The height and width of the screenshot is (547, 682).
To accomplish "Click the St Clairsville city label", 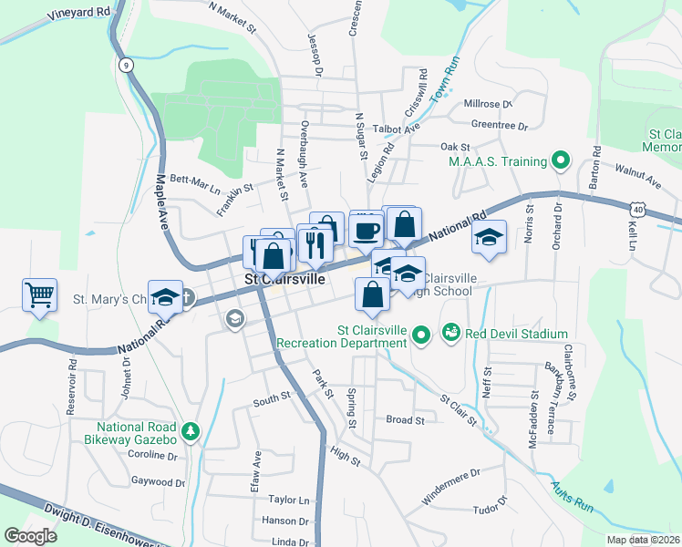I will point(284,280).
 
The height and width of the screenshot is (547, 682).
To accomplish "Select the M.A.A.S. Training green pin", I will point(561,162).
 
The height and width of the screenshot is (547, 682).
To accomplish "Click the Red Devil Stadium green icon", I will point(450,335).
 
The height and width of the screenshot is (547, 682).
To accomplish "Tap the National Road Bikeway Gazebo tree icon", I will point(191,430).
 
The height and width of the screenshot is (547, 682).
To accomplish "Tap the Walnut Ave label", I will point(636,171).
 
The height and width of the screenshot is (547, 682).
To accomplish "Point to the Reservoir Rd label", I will point(71,376).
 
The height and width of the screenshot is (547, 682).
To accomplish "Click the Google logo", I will point(30,535).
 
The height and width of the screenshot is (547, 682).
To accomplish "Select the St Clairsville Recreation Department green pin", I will point(420,336).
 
